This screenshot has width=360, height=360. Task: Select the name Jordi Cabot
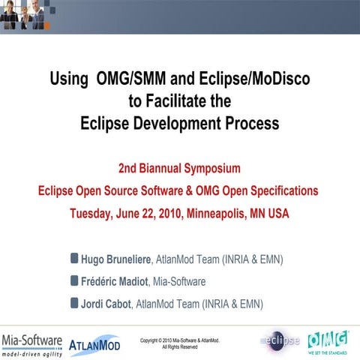click(105, 304)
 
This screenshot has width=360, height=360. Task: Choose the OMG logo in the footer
click(327, 339)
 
